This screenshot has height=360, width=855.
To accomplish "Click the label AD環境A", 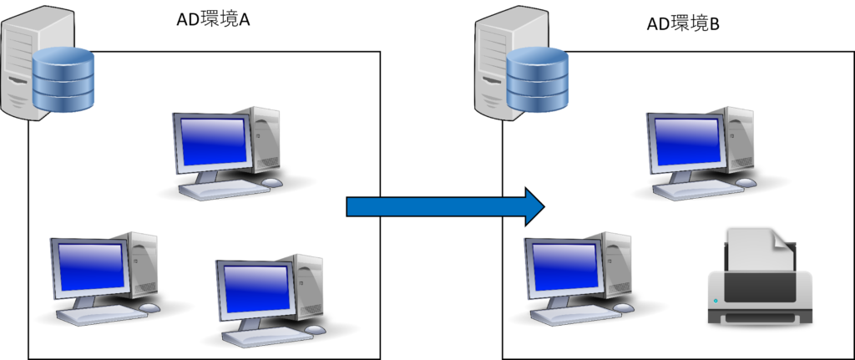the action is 213,20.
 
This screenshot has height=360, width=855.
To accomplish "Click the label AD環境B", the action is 683,24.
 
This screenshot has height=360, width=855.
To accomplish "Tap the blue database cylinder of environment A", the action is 63,79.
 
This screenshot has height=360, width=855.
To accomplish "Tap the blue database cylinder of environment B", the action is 538,79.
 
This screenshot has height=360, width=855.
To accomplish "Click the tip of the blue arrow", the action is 544,206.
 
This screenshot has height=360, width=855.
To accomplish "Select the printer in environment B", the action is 760,277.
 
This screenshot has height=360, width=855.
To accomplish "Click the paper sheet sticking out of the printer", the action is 760,249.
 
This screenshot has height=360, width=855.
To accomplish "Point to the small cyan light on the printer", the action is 716,300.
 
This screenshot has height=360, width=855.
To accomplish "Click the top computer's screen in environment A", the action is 213,141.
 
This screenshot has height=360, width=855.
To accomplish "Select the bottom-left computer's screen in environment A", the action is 91,266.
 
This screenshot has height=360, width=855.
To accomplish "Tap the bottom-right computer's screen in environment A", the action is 257,289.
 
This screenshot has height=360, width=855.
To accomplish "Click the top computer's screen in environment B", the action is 688,141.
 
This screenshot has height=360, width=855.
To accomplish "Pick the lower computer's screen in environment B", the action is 565,266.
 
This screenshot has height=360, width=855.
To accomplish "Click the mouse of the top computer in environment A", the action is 272,183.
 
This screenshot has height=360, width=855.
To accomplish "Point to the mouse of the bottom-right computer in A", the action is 315,329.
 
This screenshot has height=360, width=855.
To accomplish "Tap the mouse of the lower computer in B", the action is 623,307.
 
